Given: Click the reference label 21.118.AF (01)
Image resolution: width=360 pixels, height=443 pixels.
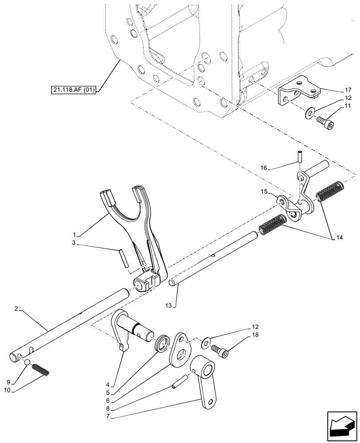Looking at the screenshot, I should pos(75,91).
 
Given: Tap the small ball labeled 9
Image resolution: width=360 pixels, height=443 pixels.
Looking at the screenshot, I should pos(27,364).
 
